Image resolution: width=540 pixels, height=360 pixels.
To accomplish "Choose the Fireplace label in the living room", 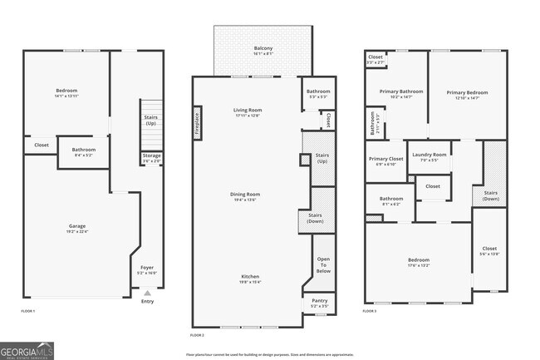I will point(197,123).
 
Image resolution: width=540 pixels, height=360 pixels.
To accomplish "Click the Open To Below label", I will point(323,265).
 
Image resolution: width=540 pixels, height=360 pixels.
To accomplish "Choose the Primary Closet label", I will point(385,160).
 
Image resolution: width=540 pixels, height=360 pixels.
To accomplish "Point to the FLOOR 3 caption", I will point(370,311).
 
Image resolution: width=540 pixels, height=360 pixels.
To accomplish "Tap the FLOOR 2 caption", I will point(197,334).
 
